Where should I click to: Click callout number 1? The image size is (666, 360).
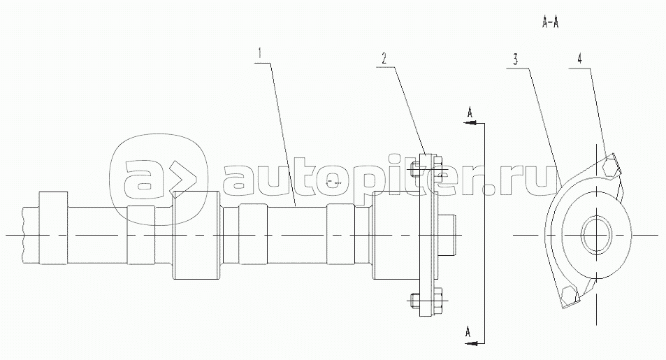click(x=261, y=54)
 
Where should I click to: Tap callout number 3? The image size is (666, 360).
click(x=515, y=59)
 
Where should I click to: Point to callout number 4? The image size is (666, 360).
click(x=579, y=59)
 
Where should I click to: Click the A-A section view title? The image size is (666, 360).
click(x=550, y=23)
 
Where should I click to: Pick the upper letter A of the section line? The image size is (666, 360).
click(x=470, y=113)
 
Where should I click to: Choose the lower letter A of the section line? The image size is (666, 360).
click(x=468, y=331)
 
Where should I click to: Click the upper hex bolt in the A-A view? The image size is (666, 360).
click(x=610, y=166)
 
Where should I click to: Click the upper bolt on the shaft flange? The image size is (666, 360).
click(x=427, y=170)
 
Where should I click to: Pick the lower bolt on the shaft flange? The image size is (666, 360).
click(x=427, y=301)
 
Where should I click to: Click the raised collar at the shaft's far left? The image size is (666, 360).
click(x=53, y=229)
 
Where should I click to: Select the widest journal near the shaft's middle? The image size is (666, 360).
click(x=196, y=236)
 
